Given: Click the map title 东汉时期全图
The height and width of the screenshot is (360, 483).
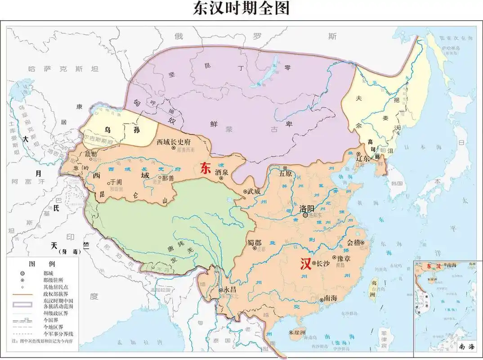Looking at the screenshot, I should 241,9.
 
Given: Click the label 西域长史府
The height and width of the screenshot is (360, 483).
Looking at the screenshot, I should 174,142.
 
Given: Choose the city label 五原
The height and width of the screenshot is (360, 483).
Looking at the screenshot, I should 286,173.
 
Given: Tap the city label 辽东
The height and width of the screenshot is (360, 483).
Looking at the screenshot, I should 363,158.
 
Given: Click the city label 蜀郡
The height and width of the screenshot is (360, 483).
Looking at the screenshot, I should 254,243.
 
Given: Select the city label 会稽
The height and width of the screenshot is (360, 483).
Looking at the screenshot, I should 354,242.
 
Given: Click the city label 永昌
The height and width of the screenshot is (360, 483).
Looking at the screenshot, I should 230,290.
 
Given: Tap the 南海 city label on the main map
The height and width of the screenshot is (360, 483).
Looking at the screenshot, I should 331,299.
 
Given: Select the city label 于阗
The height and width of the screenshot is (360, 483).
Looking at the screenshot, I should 116,182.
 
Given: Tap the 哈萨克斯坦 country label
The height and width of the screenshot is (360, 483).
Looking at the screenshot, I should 63,69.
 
